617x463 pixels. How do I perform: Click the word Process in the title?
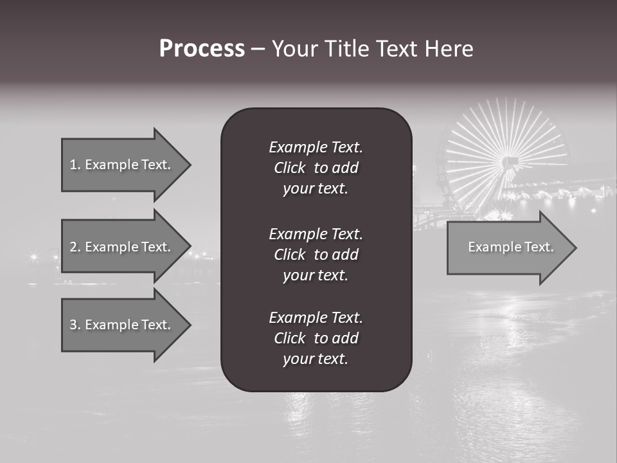pyautogui.click(x=202, y=49)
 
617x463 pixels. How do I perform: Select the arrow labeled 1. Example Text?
pyautogui.click(x=122, y=165)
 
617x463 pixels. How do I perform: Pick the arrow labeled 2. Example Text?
pyautogui.click(x=122, y=247)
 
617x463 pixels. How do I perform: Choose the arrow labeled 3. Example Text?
pyautogui.click(x=122, y=325)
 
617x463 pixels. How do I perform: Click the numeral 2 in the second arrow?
pyautogui.click(x=73, y=247)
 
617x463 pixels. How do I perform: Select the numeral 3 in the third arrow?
pyautogui.click(x=73, y=325)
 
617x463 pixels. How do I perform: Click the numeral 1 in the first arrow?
pyautogui.click(x=73, y=165)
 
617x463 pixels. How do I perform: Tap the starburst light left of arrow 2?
pyautogui.click(x=33, y=257)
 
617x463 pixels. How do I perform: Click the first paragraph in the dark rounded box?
pyautogui.click(x=316, y=168)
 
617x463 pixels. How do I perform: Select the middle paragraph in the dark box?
pyautogui.click(x=316, y=255)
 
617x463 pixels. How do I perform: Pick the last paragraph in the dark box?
pyautogui.click(x=316, y=338)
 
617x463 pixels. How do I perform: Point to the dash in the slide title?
pyautogui.click(x=258, y=50)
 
